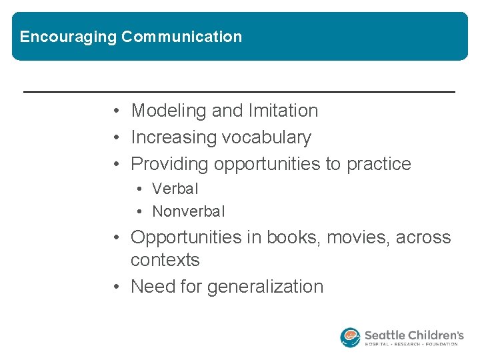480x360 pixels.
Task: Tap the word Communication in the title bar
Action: pyautogui.click(x=181, y=37)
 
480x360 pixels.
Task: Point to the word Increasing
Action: pyautogui.click(x=173, y=137)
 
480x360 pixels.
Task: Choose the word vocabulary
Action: pyautogui.click(x=266, y=137)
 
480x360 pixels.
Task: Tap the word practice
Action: pyautogui.click(x=379, y=164)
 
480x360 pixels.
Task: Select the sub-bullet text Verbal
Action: pyautogui.click(x=175, y=189)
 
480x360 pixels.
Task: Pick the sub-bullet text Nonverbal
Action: pyautogui.click(x=189, y=211)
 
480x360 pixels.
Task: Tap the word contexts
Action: pyautogui.click(x=165, y=260)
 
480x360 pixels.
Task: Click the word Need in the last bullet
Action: pyautogui.click(x=152, y=287)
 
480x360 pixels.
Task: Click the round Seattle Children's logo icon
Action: pyautogui.click(x=350, y=337)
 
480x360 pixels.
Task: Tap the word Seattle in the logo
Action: pyautogui.click(x=385, y=334)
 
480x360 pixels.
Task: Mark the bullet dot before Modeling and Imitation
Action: pyautogui.click(x=117, y=111)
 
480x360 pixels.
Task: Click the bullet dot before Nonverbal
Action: pyautogui.click(x=139, y=212)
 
